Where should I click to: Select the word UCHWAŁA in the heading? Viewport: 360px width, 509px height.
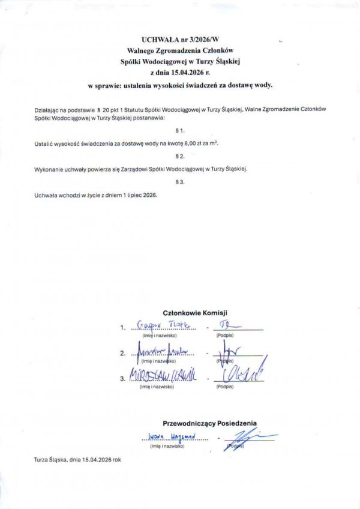tap(160, 38)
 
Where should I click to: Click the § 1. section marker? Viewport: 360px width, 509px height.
tap(180, 130)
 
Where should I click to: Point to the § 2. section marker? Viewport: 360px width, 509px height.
tap(180, 156)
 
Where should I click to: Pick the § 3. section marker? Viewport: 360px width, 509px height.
tap(180, 181)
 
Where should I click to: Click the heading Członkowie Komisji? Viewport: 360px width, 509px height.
tap(196, 313)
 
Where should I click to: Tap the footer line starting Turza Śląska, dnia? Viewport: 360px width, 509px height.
tap(77, 459)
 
